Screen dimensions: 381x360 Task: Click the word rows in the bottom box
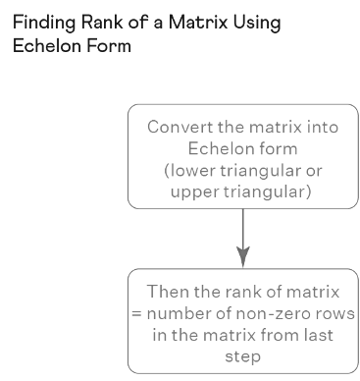(x=334, y=313)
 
